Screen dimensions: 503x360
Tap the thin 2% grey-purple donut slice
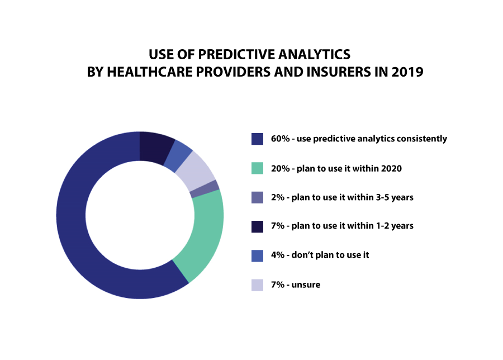point(205,188)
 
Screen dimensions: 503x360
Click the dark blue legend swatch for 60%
point(257,139)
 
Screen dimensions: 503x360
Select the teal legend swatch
point(257,168)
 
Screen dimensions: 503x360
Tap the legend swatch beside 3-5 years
point(257,197)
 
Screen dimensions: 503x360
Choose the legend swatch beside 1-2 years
point(257,226)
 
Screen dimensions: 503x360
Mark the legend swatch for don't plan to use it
point(257,255)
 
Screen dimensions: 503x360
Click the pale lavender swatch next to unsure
point(257,285)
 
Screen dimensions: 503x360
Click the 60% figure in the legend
point(281,139)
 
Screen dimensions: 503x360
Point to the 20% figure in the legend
point(281,168)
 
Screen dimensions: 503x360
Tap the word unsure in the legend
point(306,285)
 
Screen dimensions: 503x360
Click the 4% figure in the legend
point(278,255)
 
